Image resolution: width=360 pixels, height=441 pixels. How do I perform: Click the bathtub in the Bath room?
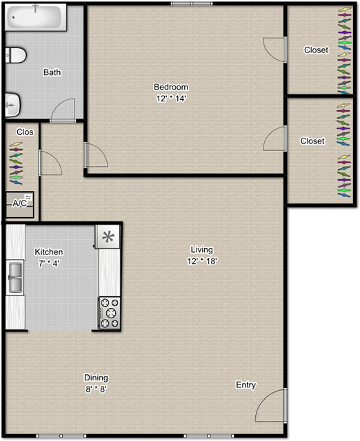[36, 18]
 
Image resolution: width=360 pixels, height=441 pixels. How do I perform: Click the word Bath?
[52, 72]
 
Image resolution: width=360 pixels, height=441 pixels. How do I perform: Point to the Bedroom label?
[170, 87]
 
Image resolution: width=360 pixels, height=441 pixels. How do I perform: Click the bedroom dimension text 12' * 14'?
[171, 98]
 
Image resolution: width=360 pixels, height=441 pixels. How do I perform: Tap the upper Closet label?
[316, 50]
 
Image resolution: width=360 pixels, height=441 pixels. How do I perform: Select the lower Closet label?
[312, 141]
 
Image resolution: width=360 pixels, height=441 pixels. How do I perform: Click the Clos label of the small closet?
[25, 132]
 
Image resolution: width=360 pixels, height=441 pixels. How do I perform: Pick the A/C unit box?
[20, 203]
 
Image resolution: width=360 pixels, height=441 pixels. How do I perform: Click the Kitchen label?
[49, 252]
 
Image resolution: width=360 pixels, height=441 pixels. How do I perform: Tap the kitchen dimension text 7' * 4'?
[50, 263]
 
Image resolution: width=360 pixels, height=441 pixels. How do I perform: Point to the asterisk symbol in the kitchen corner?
[108, 238]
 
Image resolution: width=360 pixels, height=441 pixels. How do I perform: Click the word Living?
[202, 249]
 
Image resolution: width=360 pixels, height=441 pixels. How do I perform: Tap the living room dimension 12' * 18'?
[202, 260]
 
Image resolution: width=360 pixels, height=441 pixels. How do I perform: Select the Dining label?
[96, 378]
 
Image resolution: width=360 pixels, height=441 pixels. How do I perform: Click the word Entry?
[246, 384]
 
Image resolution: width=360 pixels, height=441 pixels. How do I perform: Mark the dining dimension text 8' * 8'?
[96, 389]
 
